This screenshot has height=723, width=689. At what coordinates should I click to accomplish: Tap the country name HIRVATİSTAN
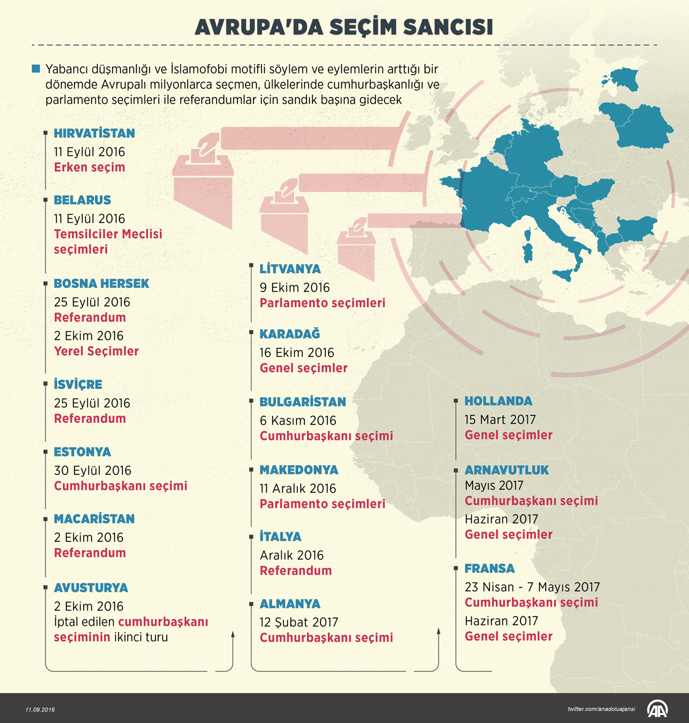pyautogui.click(x=94, y=134)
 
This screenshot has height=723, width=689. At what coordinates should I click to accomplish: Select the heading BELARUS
pyautogui.click(x=82, y=200)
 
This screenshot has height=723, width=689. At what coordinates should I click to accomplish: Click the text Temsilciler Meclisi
pyautogui.click(x=108, y=234)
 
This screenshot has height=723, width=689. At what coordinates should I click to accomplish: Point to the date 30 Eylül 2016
pyautogui.click(x=92, y=470)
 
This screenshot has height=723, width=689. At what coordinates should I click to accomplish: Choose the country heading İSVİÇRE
pyautogui.click(x=78, y=385)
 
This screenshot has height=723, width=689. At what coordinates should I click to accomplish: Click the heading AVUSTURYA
pyautogui.click(x=90, y=588)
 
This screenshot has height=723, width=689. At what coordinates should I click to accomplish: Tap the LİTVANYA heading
pyautogui.click(x=290, y=269)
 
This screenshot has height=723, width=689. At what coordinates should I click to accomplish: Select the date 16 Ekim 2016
pyautogui.click(x=297, y=353)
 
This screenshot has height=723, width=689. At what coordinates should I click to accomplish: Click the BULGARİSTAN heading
pyautogui.click(x=303, y=402)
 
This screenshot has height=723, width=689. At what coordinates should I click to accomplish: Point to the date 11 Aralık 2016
pyautogui.click(x=298, y=489)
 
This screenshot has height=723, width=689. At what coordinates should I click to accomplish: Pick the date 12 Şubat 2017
pyautogui.click(x=298, y=622)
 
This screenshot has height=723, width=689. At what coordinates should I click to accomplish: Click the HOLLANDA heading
pyautogui.click(x=498, y=401)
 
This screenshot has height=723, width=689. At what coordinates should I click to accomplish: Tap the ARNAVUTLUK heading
pyautogui.click(x=506, y=470)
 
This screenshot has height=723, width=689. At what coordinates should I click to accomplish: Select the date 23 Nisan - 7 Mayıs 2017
pyautogui.click(x=532, y=587)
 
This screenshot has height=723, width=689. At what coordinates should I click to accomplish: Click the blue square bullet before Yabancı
pyautogui.click(x=36, y=69)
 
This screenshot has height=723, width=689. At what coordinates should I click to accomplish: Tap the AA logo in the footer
pyautogui.click(x=657, y=709)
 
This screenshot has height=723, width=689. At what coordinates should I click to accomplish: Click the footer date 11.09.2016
pyautogui.click(x=40, y=709)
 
